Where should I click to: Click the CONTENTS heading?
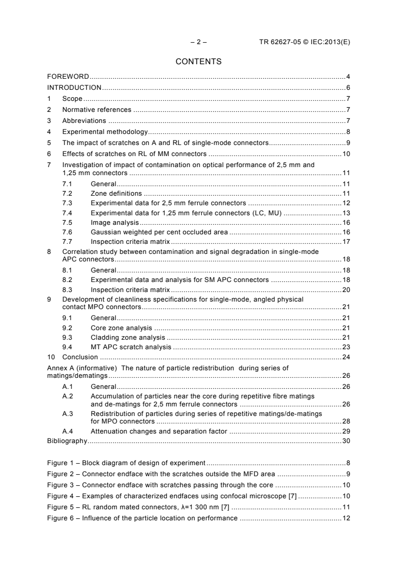coord(199,62)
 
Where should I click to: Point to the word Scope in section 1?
coord(72,99)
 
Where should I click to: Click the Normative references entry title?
coord(96,110)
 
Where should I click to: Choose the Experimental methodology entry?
coord(104,132)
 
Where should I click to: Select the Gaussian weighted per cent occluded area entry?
coord(159,232)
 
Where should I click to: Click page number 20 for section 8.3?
coord(346,290)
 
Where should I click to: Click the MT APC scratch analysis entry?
coord(130,347)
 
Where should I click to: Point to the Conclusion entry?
coord(80,357)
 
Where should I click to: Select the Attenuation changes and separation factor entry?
coord(159,431)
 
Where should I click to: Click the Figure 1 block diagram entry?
coord(125,463)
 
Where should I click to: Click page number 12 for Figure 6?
coord(346,516)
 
